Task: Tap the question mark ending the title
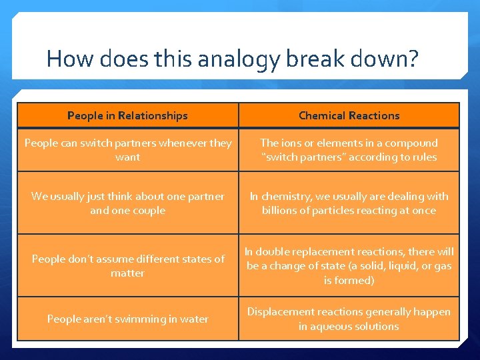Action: coord(413,59)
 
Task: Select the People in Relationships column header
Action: coord(127,115)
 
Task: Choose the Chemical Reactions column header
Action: coord(349,115)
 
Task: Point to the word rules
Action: coord(424,157)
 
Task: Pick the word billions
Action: coord(281,211)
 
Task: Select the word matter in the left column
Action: coord(127,273)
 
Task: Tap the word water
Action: coord(194,319)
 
